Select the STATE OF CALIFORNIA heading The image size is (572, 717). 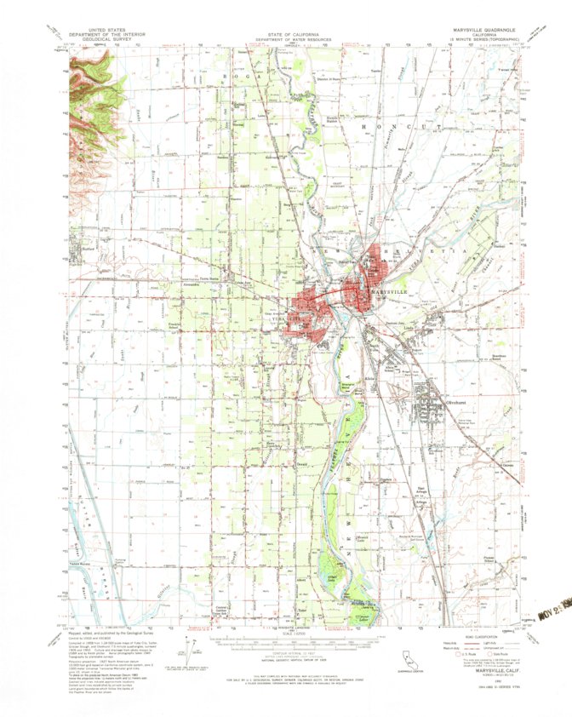point(286,35)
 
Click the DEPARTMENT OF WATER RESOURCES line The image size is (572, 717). point(286,40)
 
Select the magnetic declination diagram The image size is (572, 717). point(189,649)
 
